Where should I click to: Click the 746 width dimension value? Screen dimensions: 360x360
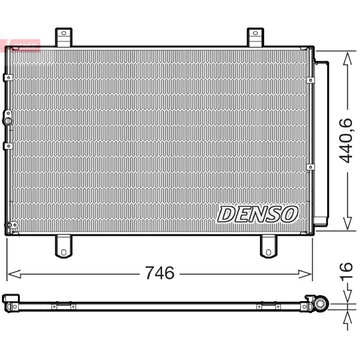(160, 273)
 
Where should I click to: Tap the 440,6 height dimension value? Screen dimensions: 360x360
(346, 140)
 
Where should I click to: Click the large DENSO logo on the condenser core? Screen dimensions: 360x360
(257, 214)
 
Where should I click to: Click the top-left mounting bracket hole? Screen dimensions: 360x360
(64, 33)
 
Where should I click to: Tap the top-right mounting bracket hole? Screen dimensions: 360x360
(255, 33)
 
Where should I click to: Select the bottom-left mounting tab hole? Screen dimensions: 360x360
(63, 252)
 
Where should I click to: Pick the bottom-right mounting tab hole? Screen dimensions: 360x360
(268, 252)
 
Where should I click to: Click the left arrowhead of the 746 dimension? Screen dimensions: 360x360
(14, 274)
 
